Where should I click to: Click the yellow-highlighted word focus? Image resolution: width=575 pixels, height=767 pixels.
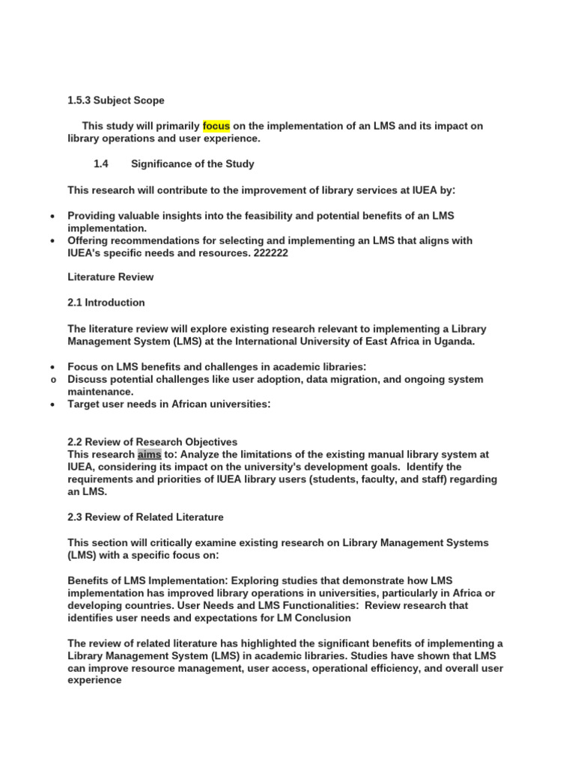coord(216,126)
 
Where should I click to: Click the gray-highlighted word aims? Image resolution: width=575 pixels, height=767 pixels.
coord(149,455)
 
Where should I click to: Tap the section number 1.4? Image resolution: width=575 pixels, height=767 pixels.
coord(101,164)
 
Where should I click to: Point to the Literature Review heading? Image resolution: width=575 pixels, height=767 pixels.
coord(110,277)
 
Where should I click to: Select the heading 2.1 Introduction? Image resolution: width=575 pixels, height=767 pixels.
coord(106,303)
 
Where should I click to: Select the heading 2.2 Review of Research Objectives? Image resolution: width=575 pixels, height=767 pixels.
coord(152,442)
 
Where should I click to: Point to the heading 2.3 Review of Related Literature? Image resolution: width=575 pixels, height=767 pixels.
coord(145,517)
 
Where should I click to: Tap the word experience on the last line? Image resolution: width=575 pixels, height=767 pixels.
coord(94,681)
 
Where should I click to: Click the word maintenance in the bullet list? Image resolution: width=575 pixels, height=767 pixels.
coord(100,392)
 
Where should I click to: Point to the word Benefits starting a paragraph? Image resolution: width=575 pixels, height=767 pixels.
coord(88,580)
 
